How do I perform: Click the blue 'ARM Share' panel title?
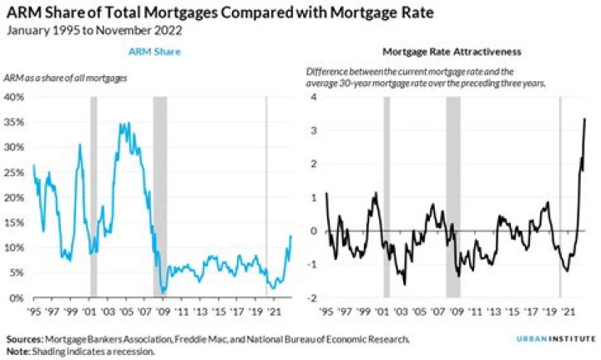(155, 52)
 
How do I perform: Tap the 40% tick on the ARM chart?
(14, 97)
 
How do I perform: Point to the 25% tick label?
(14, 172)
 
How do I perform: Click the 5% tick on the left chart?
(17, 273)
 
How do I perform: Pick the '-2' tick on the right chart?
(312, 298)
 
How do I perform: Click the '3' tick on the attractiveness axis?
(314, 130)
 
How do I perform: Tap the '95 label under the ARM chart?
(34, 311)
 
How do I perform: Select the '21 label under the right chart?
(568, 311)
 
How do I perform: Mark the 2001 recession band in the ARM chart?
(93, 197)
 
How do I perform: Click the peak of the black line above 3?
(584, 119)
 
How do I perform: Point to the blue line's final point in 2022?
(290, 236)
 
